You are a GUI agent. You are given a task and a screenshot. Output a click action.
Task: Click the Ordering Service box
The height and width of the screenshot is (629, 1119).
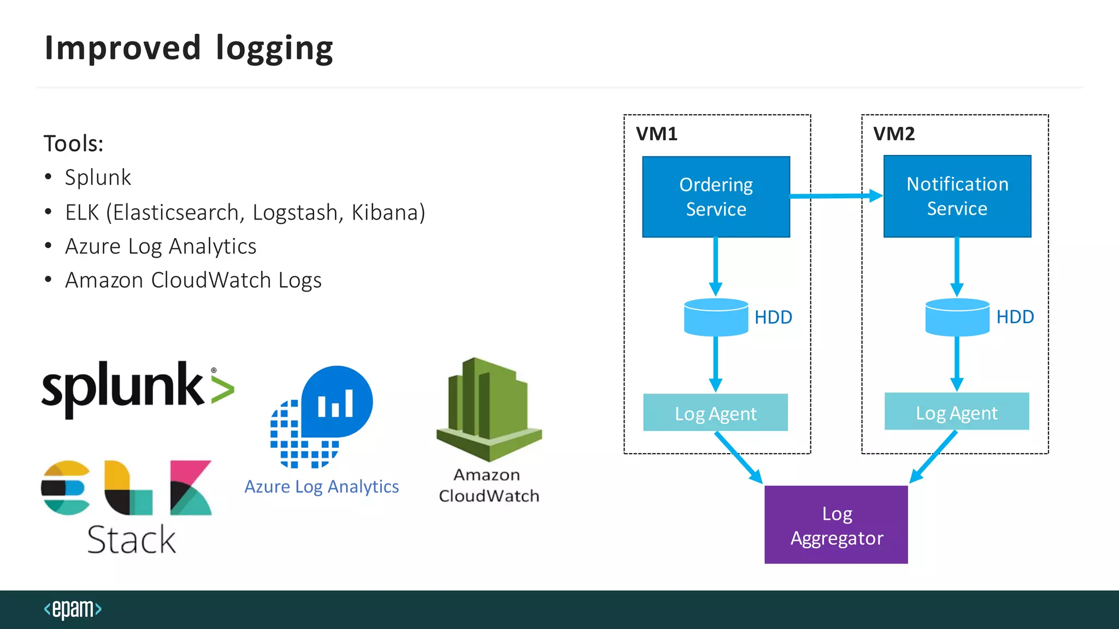pyautogui.click(x=716, y=197)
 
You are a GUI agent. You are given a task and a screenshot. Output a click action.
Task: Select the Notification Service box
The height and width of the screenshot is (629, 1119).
pyautogui.click(x=957, y=196)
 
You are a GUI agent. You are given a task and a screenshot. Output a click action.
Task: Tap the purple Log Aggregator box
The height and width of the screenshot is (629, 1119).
pyautogui.click(x=836, y=525)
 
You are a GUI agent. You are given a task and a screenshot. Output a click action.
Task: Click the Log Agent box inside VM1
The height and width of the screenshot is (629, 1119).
pyautogui.click(x=715, y=413)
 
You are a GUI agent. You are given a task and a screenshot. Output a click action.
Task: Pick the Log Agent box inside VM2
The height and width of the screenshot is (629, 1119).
pyautogui.click(x=957, y=412)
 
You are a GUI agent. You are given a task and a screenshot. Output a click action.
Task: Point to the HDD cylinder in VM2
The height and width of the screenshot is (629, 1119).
pyautogui.click(x=957, y=317)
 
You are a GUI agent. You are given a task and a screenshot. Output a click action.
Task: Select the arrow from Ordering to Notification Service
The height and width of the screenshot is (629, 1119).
pyautogui.click(x=836, y=195)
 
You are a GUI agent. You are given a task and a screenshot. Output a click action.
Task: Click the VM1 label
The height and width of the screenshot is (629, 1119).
pyautogui.click(x=656, y=134)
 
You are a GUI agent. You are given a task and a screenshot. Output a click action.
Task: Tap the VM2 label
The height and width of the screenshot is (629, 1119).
pyautogui.click(x=893, y=134)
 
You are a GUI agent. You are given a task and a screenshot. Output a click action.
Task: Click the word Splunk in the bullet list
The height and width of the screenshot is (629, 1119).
pyautogui.click(x=98, y=177)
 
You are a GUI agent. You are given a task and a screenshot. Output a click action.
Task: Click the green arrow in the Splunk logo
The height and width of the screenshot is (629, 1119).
pyautogui.click(x=223, y=389)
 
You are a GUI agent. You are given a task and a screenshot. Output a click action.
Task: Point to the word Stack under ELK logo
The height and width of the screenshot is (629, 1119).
pyautogui.click(x=131, y=539)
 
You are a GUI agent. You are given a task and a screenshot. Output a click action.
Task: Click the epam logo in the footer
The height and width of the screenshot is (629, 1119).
pyautogui.click(x=73, y=609)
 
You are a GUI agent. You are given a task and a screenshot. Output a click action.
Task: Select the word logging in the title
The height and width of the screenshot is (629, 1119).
pyautogui.click(x=274, y=49)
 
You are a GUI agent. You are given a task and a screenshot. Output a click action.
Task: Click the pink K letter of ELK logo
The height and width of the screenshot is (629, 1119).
pyautogui.click(x=190, y=488)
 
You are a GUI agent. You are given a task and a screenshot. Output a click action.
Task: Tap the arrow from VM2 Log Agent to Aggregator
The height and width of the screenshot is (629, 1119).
pyautogui.click(x=933, y=456)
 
